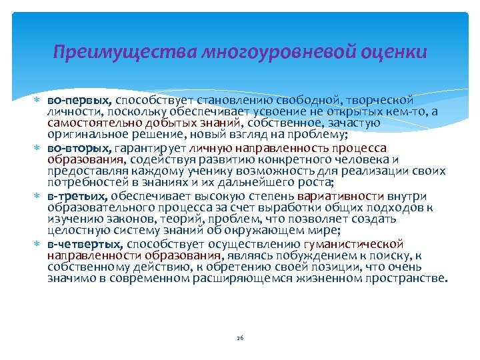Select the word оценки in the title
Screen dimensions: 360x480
(395, 51)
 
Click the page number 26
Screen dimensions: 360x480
(240, 338)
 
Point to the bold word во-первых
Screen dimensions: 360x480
(74, 99)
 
